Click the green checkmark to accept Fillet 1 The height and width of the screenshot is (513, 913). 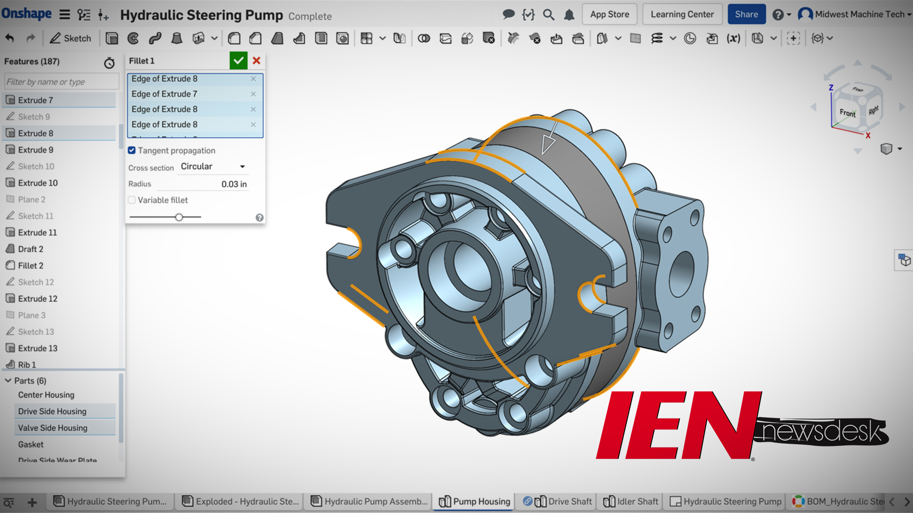pyautogui.click(x=238, y=61)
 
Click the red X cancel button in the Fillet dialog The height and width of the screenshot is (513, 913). pyautogui.click(x=256, y=61)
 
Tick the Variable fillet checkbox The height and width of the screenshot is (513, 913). pyautogui.click(x=132, y=200)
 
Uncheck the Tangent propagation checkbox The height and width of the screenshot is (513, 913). pyautogui.click(x=132, y=151)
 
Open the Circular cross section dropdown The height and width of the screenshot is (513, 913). pyautogui.click(x=213, y=167)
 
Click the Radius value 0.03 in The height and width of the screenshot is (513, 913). pyautogui.click(x=233, y=184)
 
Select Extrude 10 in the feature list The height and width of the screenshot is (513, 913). pyautogui.click(x=38, y=183)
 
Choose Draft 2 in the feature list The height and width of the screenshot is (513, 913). pyautogui.click(x=30, y=249)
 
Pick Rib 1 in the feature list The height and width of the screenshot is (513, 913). pyautogui.click(x=27, y=364)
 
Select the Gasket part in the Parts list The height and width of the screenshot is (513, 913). pyautogui.click(x=31, y=444)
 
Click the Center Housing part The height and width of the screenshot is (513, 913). pyautogui.click(x=46, y=395)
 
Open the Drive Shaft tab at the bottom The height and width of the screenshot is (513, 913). pyautogui.click(x=570, y=502)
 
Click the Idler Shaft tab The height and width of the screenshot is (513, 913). pyautogui.click(x=637, y=502)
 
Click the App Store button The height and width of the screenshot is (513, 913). pyautogui.click(x=610, y=14)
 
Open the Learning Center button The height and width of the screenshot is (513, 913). pyautogui.click(x=682, y=14)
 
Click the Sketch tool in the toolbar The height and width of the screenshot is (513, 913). pyautogui.click(x=70, y=38)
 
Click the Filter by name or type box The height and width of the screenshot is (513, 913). pyautogui.click(x=61, y=82)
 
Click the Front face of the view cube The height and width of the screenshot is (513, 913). pyautogui.click(x=847, y=113)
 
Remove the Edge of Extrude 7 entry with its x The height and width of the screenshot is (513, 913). pyautogui.click(x=253, y=94)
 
